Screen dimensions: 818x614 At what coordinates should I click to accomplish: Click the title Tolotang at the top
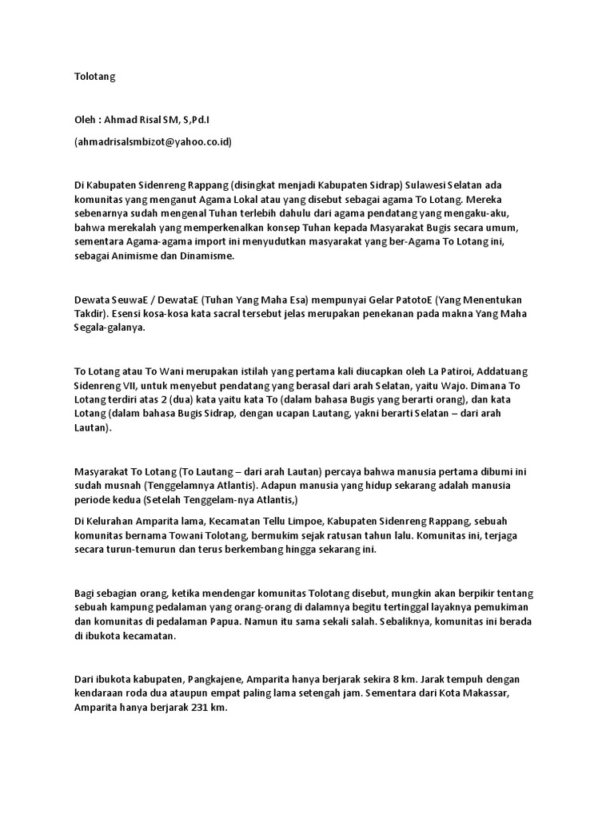tap(94, 77)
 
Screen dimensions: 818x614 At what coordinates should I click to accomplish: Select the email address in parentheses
tap(153, 141)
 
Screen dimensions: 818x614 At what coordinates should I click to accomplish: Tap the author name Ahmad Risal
tap(133, 120)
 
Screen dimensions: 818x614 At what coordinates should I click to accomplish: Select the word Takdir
tap(89, 314)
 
